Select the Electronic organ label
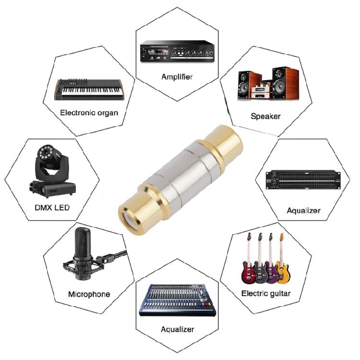click(x=89, y=113)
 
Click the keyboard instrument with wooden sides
click(x=89, y=89)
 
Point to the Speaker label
click(x=265, y=116)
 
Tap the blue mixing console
click(x=178, y=300)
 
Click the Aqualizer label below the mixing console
click(x=178, y=329)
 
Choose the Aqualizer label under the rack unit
click(x=303, y=210)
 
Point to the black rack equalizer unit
click(x=303, y=181)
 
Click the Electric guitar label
click(x=265, y=293)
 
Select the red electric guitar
click(x=249, y=262)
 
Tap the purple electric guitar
click(x=271, y=262)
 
